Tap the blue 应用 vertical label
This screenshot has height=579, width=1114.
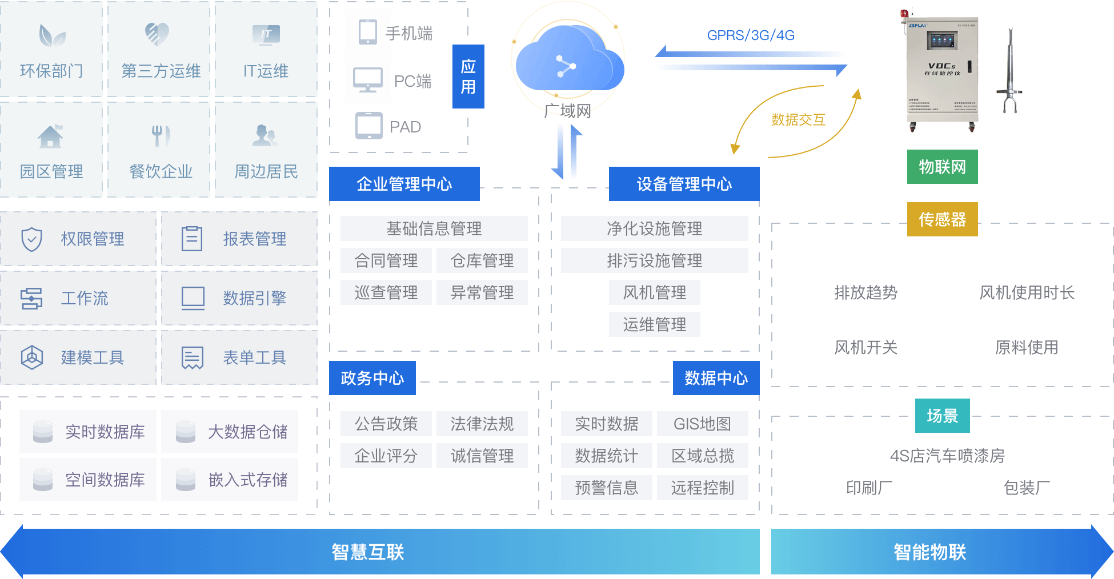click(468, 77)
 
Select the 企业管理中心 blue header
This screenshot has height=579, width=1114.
click(404, 184)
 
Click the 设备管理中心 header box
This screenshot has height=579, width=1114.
click(684, 184)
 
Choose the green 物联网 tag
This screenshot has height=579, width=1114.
click(942, 167)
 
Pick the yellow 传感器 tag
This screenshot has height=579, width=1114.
click(942, 219)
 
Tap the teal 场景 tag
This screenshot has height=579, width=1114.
click(942, 416)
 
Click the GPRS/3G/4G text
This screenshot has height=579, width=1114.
click(751, 35)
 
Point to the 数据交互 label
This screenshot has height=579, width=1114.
click(798, 120)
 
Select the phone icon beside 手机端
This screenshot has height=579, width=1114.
click(367, 32)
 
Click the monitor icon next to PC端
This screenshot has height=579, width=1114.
click(367, 80)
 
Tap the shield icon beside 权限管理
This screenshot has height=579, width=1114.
click(31, 239)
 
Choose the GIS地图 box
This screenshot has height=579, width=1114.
click(702, 424)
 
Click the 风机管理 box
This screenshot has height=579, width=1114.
click(654, 292)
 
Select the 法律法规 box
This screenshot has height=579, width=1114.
click(482, 424)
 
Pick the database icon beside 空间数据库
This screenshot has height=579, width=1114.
click(43, 480)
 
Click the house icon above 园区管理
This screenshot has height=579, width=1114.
click(50, 136)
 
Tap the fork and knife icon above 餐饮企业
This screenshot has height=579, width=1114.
click(161, 135)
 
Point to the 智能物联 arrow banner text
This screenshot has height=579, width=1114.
click(929, 552)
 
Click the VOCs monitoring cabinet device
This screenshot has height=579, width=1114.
click(943, 71)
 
